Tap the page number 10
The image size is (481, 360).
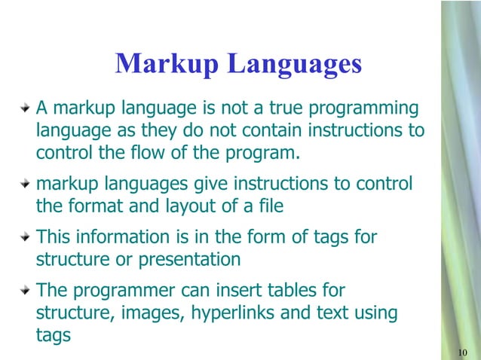click(x=464, y=353)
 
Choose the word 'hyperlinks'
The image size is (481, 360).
click(x=231, y=313)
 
